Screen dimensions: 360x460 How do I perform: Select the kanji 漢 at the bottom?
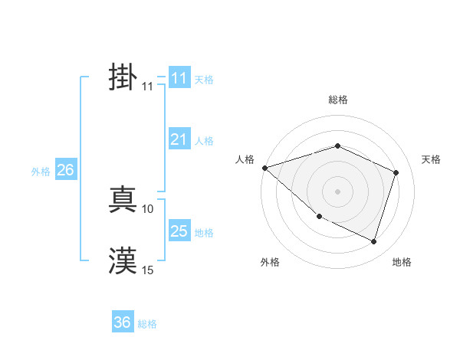[x=123, y=260]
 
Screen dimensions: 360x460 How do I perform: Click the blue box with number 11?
[x=179, y=78]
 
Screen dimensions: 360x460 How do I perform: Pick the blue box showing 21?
[x=179, y=139]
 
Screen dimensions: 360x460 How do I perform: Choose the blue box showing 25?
[x=179, y=231]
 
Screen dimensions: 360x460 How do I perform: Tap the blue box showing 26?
[x=65, y=170]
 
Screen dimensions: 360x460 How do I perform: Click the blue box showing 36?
[x=123, y=322]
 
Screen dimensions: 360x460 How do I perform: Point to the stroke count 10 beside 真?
[x=148, y=208]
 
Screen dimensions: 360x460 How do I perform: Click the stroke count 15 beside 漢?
[x=148, y=270]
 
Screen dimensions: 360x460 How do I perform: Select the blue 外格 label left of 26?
[x=41, y=172]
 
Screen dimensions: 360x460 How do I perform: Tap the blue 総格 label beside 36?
[x=147, y=324]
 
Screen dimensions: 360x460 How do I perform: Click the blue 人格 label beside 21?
[x=204, y=141]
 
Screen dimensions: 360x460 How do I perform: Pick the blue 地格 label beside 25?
[x=204, y=233]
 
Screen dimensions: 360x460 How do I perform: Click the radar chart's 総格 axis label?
[x=337, y=100]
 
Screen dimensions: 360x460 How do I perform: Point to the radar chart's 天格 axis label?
[x=432, y=159]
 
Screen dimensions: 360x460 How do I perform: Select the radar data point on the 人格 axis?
[x=264, y=167]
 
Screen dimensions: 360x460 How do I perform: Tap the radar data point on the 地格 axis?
[x=373, y=241]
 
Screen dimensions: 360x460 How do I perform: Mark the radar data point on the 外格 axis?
[x=319, y=217]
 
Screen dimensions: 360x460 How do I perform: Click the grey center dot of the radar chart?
[x=337, y=191]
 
